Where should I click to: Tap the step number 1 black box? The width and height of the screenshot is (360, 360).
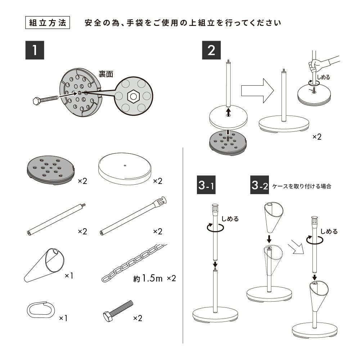(x=35, y=50)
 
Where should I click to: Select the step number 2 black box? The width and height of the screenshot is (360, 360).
(x=211, y=50)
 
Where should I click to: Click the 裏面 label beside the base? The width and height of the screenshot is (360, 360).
(x=106, y=74)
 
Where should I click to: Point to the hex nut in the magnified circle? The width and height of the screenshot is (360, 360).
(x=133, y=96)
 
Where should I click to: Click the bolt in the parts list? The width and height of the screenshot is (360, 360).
(x=117, y=310)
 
